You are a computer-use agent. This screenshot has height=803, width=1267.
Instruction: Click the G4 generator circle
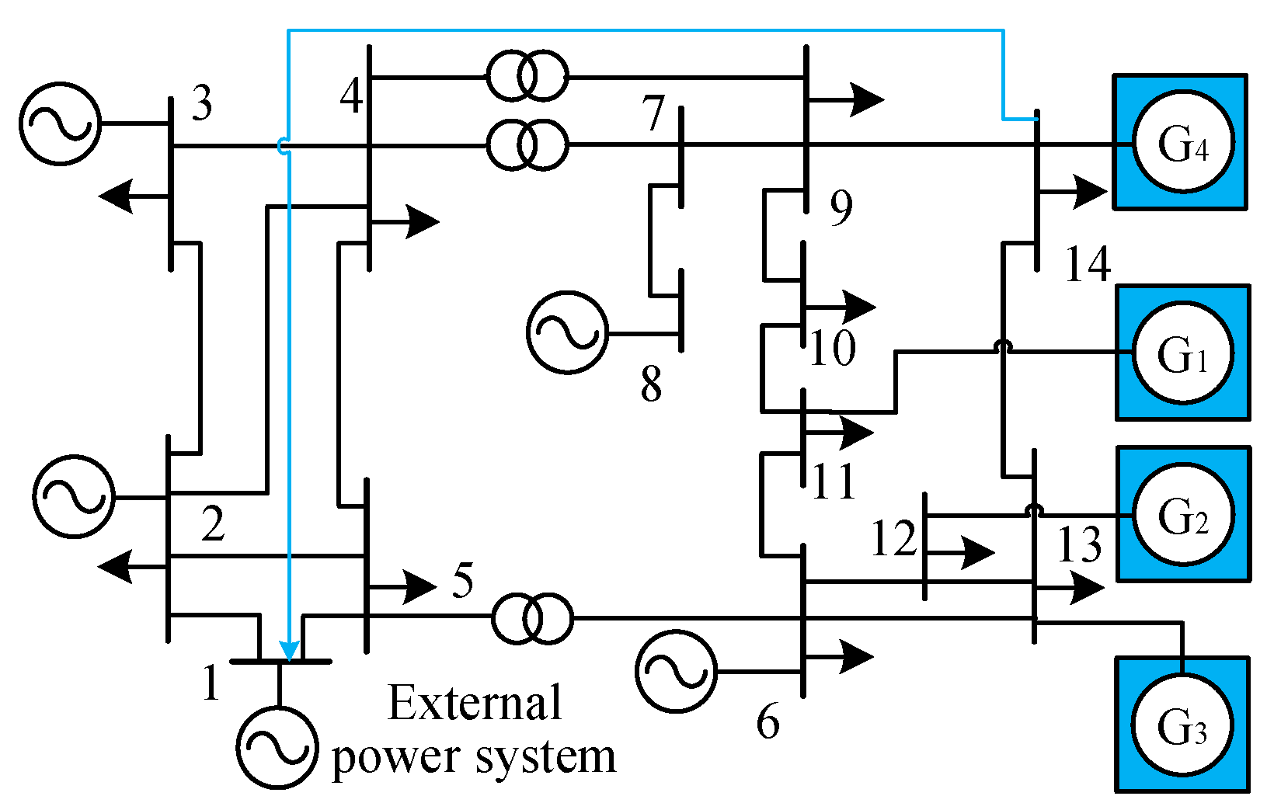click(x=1182, y=142)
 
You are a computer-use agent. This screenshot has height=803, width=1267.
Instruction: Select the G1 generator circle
click(x=1182, y=353)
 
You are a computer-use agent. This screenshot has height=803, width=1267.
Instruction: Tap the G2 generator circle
click(x=1182, y=514)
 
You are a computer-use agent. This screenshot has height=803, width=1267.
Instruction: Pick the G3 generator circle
click(x=1182, y=725)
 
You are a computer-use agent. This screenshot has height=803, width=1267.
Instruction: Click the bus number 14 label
click(x=1088, y=264)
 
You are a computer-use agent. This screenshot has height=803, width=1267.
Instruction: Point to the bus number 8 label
click(x=651, y=384)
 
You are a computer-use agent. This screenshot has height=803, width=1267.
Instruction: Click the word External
click(x=474, y=703)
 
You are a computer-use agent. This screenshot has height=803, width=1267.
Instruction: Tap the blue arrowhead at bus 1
click(x=289, y=651)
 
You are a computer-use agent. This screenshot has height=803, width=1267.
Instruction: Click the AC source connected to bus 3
click(x=60, y=123)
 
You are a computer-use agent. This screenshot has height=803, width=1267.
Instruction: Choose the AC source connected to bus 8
click(x=567, y=332)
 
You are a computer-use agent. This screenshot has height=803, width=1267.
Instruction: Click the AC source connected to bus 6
click(x=676, y=671)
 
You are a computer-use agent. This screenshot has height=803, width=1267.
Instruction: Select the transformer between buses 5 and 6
click(x=532, y=618)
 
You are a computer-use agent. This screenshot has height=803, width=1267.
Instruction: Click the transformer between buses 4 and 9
click(x=527, y=76)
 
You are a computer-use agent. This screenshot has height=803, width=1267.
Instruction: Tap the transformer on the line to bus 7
click(x=527, y=144)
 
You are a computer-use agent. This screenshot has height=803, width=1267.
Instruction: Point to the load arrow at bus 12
click(x=971, y=552)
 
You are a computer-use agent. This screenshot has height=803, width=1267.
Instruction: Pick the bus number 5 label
click(x=463, y=580)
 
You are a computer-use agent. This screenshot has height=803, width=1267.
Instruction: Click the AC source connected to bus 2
click(x=74, y=496)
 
